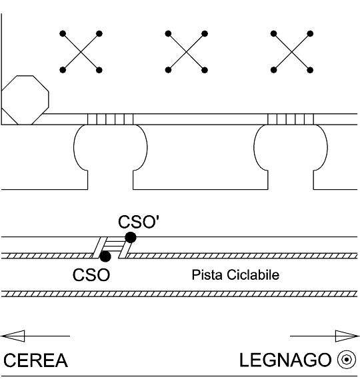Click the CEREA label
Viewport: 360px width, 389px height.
pyautogui.click(x=35, y=360)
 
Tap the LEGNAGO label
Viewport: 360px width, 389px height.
pyautogui.click(x=285, y=360)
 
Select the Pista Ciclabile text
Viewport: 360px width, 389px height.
pyautogui.click(x=235, y=274)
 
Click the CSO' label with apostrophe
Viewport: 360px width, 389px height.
pyautogui.click(x=139, y=222)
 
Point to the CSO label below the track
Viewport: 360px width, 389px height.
pyautogui.click(x=91, y=275)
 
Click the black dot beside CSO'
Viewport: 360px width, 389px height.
pyautogui.click(x=131, y=238)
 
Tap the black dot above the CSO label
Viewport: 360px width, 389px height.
pyautogui.click(x=105, y=256)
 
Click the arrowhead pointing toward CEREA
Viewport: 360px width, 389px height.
pyautogui.click(x=13, y=336)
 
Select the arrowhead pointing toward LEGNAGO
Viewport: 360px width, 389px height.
pyautogui.click(x=347, y=336)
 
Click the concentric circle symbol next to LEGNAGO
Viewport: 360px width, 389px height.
pyautogui.click(x=347, y=360)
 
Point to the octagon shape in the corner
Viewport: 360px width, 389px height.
pyautogui.click(x=25, y=100)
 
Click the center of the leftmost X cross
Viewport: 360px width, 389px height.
pyautogui.click(x=81, y=52)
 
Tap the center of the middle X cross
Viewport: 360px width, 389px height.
pyautogui.click(x=187, y=52)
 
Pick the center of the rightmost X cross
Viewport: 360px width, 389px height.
pyautogui.click(x=292, y=52)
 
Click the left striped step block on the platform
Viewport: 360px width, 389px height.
pyautogui.click(x=110, y=119)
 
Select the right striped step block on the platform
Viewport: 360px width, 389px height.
pyautogui.click(x=291, y=119)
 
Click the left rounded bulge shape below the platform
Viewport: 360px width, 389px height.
pyautogui.click(x=110, y=147)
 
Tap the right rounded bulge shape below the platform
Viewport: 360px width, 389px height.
pyautogui.click(x=291, y=147)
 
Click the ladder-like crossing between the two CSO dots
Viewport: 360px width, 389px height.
pyautogui.click(x=113, y=247)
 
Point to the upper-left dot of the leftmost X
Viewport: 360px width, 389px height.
pyautogui.click(x=63, y=33)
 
